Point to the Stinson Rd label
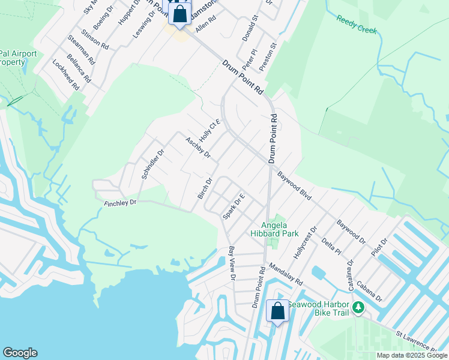coord(94,38)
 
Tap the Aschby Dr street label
coord(198,148)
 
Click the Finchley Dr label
coord(120,203)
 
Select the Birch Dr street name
coord(205,188)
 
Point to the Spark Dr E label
coord(234,206)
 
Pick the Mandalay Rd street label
coord(285,274)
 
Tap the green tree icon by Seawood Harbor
coord(358,307)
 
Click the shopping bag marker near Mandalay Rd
coord(277,311)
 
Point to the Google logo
coord(20,353)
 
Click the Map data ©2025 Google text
coord(411,355)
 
